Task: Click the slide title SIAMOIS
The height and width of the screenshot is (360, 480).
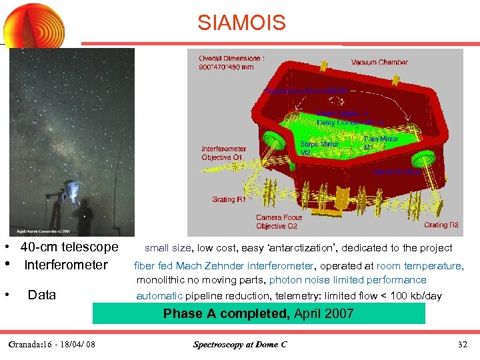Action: [241, 23]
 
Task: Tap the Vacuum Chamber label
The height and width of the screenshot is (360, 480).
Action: [379, 62]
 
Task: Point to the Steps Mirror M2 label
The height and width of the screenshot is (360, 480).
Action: [319, 148]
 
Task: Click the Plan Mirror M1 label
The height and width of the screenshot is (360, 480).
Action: [381, 143]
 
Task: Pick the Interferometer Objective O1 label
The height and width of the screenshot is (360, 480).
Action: [224, 153]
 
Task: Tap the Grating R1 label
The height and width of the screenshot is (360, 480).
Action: [229, 199]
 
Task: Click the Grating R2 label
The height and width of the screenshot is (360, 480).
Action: [441, 225]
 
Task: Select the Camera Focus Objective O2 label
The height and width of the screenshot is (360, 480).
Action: [279, 221]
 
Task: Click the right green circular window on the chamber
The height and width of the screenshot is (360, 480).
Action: [422, 157]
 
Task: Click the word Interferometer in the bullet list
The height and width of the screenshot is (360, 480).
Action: [65, 265]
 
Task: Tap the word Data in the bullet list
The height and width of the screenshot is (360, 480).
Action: [41, 295]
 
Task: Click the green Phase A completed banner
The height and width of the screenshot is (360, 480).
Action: [258, 313]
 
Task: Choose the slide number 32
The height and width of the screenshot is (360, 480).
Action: [463, 345]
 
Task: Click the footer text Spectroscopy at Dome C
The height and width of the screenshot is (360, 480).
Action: [239, 345]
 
